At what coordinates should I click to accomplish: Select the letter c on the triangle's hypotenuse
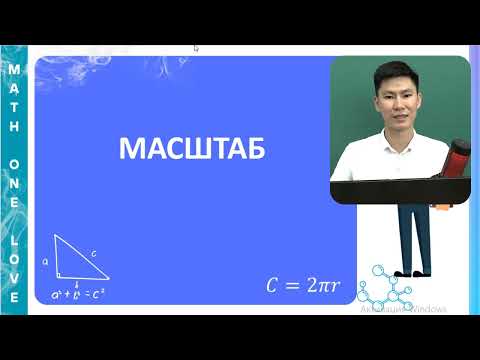(92, 254)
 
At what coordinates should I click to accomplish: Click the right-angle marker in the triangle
(61, 271)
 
